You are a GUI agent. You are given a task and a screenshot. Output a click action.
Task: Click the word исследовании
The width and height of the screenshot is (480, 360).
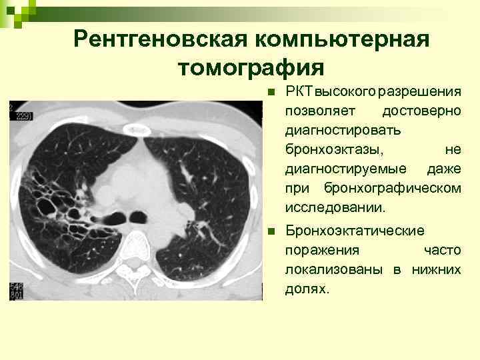335,207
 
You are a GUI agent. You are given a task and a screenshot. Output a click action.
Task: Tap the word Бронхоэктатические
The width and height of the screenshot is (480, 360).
355,231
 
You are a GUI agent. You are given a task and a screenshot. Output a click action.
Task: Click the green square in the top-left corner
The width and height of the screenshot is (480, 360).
8,7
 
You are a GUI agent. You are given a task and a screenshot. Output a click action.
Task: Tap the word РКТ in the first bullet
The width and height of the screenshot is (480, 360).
295,90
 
